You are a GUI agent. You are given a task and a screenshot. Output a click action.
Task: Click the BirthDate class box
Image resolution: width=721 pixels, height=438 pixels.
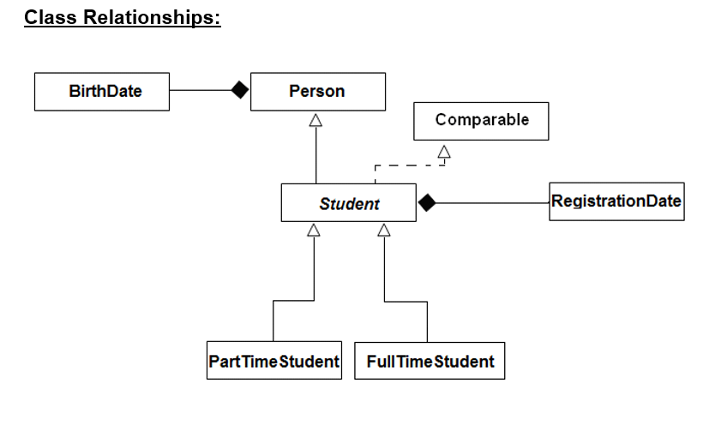click(x=101, y=92)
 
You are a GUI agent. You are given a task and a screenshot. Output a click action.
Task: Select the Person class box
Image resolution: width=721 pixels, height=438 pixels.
click(x=317, y=92)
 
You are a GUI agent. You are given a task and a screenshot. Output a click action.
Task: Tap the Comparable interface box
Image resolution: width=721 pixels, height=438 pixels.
click(x=481, y=121)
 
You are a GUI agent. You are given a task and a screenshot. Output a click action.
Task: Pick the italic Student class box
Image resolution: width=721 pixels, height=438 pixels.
click(x=348, y=204)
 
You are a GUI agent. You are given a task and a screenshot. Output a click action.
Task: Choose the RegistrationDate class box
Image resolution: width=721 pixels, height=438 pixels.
click(x=616, y=202)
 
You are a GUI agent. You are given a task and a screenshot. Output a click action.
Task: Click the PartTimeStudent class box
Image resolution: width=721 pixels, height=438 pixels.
click(x=273, y=361)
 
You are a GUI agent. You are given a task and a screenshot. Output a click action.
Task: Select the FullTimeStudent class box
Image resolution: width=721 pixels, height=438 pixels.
click(x=430, y=361)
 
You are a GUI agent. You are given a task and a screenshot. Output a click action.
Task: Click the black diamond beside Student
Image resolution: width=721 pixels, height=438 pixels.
click(x=427, y=203)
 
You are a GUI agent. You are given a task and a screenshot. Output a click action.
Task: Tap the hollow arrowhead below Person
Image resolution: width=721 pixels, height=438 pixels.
click(x=315, y=120)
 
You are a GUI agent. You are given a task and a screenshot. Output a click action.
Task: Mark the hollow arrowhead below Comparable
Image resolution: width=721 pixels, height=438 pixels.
click(x=444, y=152)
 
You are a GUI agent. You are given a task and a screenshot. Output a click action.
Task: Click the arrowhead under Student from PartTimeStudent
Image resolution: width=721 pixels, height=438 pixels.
click(x=314, y=229)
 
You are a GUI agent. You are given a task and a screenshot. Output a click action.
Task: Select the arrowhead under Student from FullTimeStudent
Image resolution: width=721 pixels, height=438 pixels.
click(x=384, y=229)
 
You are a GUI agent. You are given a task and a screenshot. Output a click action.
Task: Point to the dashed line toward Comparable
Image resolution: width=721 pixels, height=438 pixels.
click(x=407, y=165)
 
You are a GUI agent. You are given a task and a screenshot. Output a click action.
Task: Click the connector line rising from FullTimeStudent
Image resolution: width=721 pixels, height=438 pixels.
click(x=426, y=321)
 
